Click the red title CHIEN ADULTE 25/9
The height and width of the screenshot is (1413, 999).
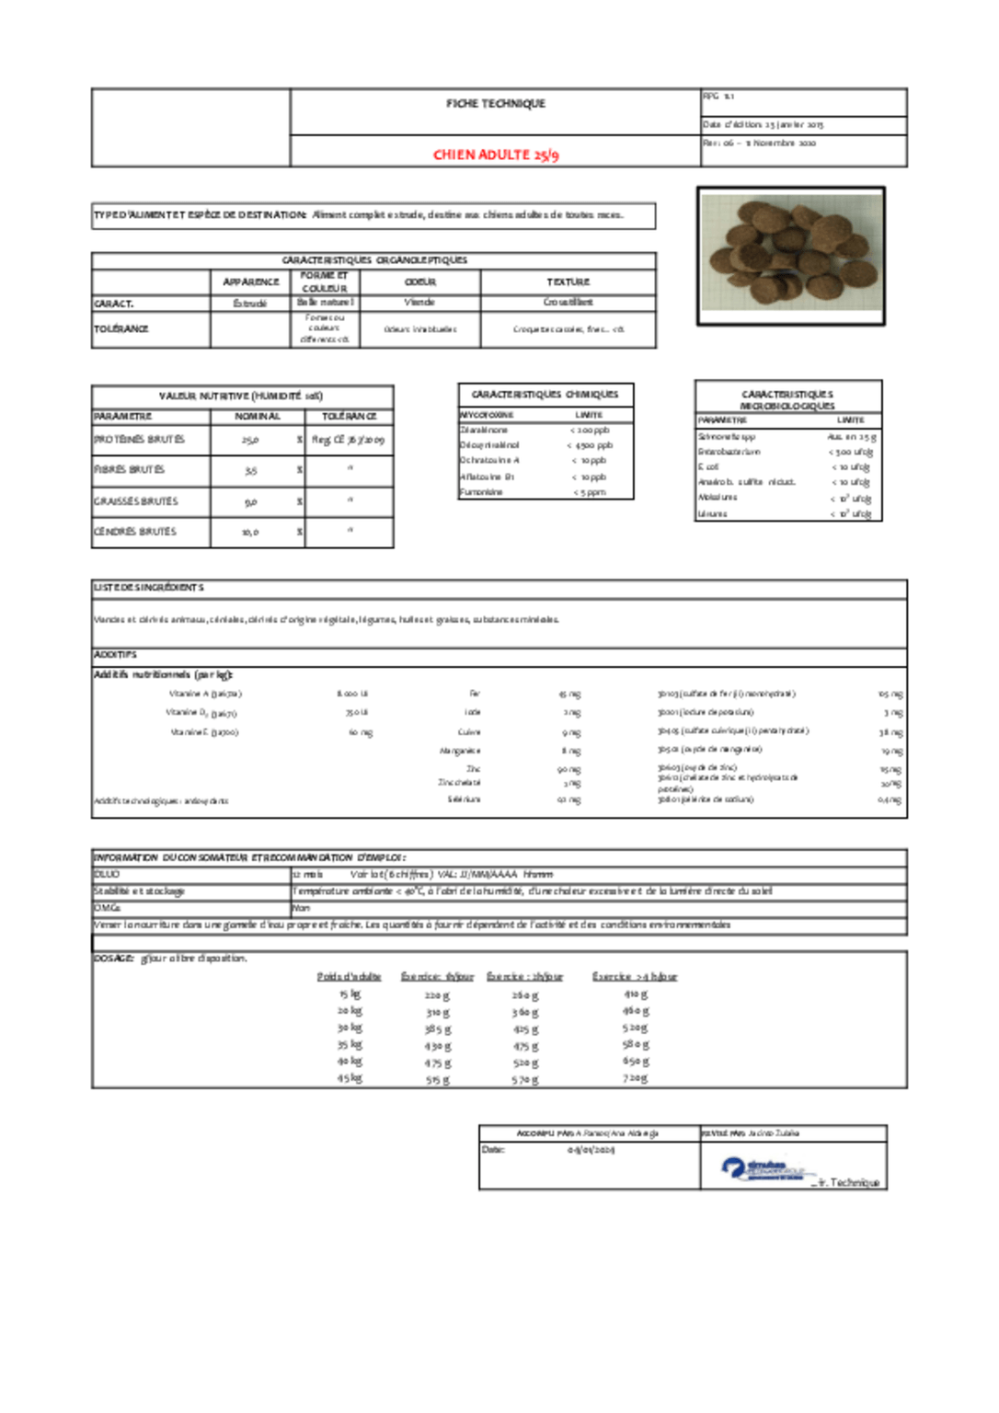496,155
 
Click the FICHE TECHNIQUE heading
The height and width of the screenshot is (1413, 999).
496,104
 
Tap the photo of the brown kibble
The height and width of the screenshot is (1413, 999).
790,256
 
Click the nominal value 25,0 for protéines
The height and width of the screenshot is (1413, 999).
250,441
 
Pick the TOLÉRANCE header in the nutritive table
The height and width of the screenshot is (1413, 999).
349,417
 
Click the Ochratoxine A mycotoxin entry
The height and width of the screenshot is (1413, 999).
489,460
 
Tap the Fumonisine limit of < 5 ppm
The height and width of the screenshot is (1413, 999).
590,492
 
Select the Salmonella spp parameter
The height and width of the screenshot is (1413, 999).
727,437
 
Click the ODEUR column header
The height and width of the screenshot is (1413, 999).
419,281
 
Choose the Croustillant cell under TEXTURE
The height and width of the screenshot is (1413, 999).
568,302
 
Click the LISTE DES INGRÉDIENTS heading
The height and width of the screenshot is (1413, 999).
149,587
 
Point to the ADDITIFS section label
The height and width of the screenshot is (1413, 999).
115,654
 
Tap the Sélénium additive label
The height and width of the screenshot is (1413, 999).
464,799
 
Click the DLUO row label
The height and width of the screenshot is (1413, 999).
107,874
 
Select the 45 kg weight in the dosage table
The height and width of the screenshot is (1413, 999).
350,1078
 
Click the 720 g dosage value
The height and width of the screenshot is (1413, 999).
635,1077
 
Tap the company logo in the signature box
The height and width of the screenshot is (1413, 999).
764,1170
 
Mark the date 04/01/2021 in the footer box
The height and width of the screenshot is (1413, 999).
591,1150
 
